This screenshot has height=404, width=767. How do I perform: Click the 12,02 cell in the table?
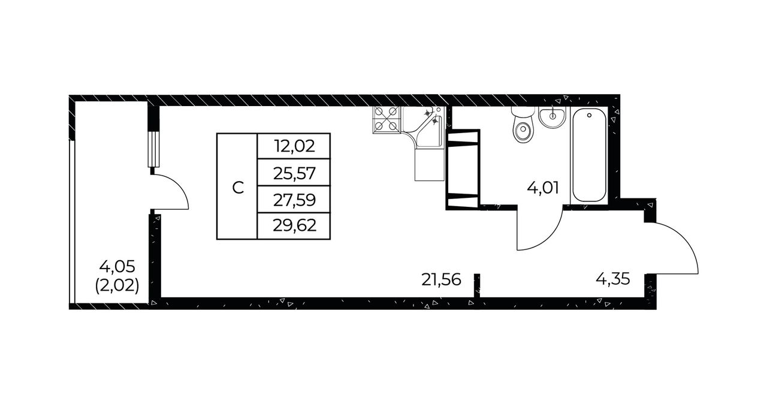point(294,146)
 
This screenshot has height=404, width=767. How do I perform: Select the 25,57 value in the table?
point(294,173)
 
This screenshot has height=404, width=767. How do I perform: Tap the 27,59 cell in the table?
point(294,200)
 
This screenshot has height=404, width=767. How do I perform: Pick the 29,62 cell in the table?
point(294,225)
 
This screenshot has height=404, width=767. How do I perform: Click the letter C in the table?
point(238,187)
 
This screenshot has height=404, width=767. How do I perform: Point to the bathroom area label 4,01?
point(543,188)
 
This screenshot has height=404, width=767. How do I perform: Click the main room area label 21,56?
point(441,280)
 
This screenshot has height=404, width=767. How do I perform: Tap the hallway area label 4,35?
point(613,279)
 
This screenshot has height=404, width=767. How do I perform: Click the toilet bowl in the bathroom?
point(523,126)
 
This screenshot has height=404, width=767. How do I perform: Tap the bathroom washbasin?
point(552,117)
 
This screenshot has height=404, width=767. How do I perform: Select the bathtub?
point(589,155)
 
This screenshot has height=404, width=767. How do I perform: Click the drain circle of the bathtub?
point(589,115)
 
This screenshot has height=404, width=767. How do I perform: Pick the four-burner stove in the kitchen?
point(386,119)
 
